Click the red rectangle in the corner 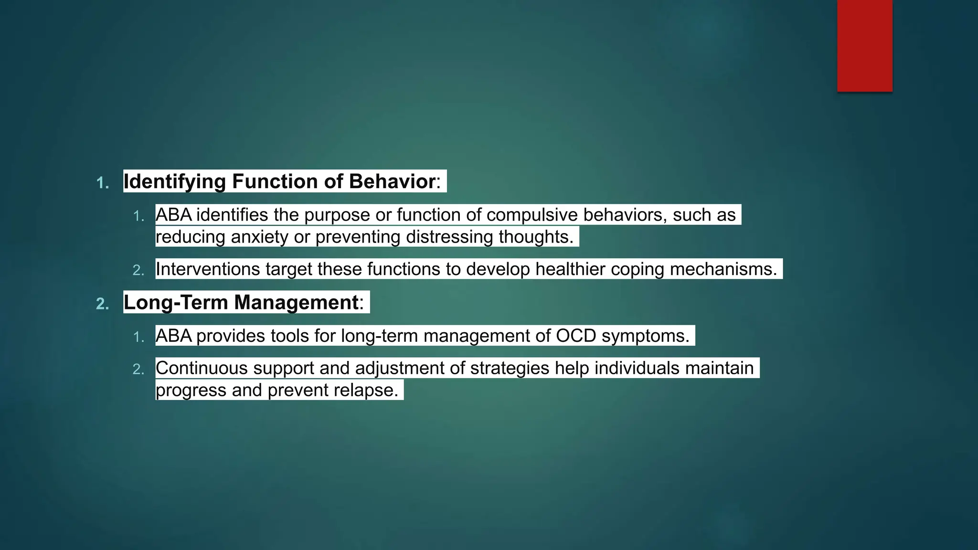click(x=864, y=45)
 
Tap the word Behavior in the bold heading click(x=392, y=181)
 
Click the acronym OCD click(x=576, y=336)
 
